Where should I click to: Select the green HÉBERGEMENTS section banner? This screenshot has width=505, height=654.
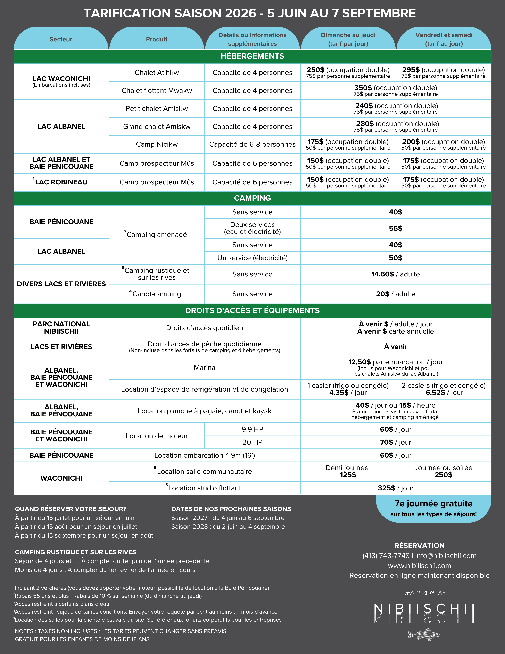252,56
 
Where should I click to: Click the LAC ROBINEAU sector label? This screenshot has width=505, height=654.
61,182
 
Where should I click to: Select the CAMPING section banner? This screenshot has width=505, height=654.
252,198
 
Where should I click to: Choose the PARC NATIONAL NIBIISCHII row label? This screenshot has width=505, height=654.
61,328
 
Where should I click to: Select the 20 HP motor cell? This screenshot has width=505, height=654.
252,442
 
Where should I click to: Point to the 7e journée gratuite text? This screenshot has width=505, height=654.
433,504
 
